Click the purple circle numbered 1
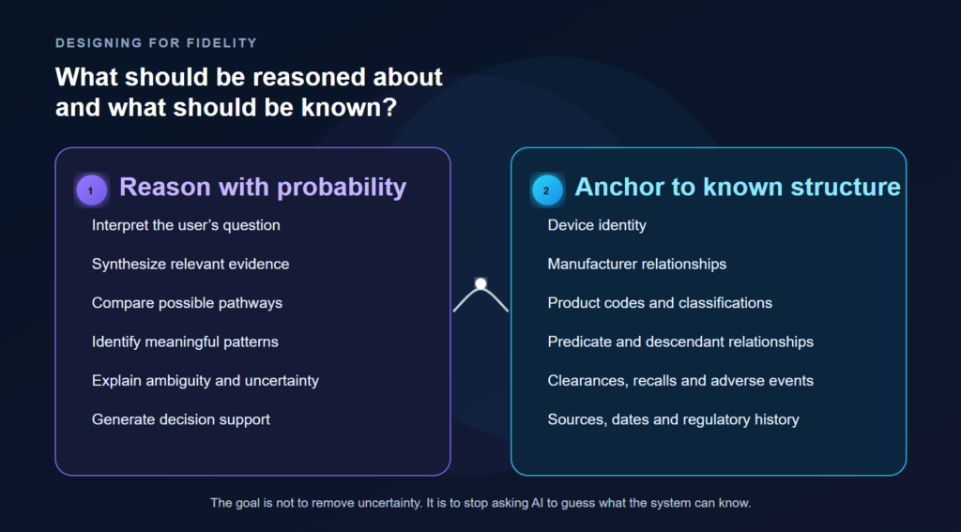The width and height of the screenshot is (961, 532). point(91,190)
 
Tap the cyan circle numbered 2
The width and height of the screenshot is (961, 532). point(547,190)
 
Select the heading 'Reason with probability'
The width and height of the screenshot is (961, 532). point(263,187)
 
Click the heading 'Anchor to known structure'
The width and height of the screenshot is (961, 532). point(738,187)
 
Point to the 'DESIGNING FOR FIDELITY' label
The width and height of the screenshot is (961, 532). point(157,43)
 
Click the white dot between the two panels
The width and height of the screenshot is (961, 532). point(480,283)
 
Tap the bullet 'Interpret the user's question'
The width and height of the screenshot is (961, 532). point(186,225)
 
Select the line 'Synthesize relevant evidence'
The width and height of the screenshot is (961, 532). point(191,265)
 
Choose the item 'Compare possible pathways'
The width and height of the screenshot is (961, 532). point(187,303)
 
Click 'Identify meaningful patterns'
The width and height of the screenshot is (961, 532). point(185,342)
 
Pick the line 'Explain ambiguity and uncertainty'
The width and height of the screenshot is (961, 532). point(206,381)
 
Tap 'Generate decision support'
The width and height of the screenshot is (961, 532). point(181,419)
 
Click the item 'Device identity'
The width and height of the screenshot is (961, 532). point(597,225)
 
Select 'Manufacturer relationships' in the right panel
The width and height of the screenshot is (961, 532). point(637,265)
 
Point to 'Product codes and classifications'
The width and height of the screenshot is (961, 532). point(660,303)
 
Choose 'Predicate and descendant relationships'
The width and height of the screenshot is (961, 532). point(681,342)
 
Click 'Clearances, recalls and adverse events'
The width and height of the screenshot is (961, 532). point(681,381)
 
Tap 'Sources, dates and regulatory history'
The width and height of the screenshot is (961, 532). point(674,419)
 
